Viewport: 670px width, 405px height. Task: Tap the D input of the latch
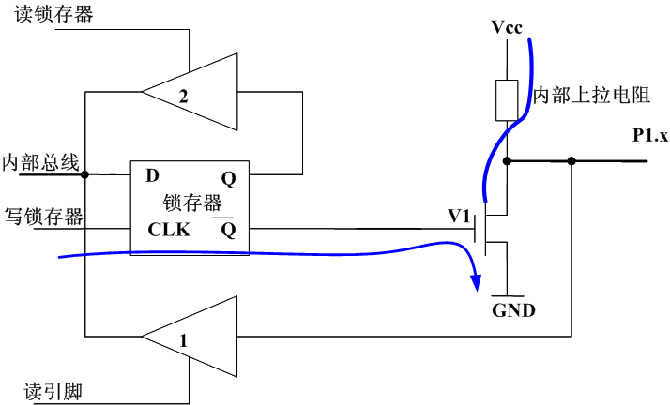tap(152, 176)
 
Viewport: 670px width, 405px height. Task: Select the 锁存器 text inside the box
tap(191, 202)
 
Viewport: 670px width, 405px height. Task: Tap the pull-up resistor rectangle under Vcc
tap(507, 100)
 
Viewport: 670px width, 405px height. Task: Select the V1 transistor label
tap(459, 216)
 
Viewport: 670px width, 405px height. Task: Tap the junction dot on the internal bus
tap(84, 174)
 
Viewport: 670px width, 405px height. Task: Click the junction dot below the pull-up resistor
tap(507, 161)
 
